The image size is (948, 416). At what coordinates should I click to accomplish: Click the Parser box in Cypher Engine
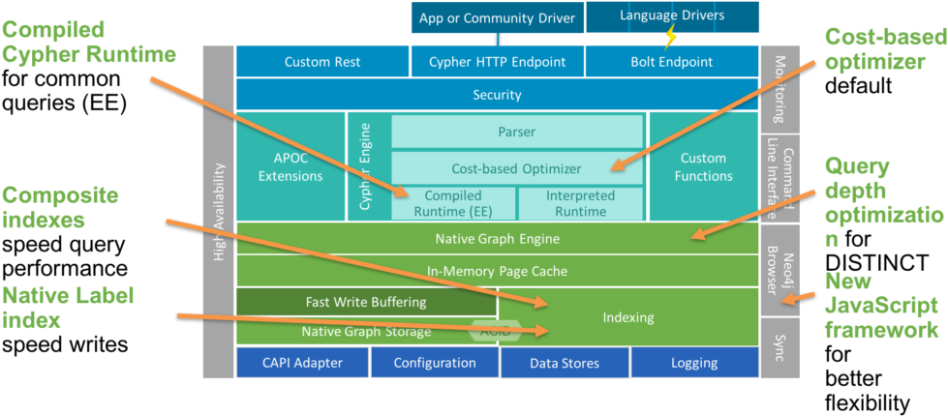517,132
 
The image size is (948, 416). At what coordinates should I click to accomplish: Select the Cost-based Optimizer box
517,168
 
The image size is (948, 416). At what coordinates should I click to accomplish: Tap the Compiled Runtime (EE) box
452,203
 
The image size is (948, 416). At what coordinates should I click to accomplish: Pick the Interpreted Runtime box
580,203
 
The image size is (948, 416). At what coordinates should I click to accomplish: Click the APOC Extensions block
291,166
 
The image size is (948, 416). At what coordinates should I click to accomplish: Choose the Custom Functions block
703,166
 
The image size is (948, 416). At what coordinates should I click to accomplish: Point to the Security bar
497,95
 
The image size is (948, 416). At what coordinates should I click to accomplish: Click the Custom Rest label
321,62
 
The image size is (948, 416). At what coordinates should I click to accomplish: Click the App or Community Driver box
497,17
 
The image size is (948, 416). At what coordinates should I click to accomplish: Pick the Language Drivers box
671,15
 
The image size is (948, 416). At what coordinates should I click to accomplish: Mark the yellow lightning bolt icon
669,37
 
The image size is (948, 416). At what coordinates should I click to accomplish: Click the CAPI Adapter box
302,363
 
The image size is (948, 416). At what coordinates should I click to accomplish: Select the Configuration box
434,363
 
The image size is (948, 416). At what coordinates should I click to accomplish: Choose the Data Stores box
564,363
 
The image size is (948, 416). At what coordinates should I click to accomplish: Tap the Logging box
693,363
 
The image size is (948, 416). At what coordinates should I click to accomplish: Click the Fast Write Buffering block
365,302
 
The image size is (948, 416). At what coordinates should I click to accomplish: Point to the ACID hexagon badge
489,330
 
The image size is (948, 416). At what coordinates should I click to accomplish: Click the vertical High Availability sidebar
218,213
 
